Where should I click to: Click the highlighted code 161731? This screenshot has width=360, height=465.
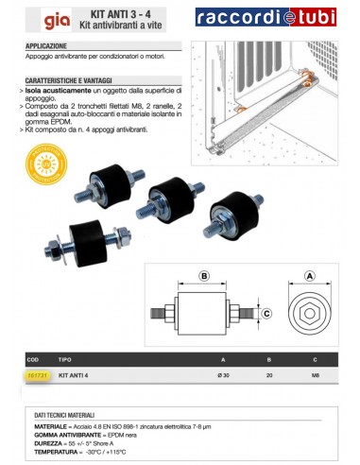tap(35, 375)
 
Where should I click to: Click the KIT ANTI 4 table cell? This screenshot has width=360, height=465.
tap(78, 375)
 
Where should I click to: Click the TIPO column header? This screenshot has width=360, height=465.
tap(65, 359)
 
